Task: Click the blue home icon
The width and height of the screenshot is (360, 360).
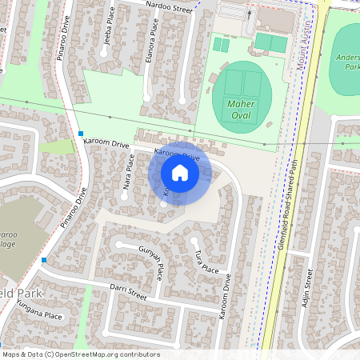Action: click(180, 173)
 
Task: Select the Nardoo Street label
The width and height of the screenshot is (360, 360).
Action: click(170, 8)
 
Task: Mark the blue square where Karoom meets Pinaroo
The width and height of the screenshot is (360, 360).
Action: click(81, 134)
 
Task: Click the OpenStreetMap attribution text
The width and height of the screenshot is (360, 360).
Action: click(80, 354)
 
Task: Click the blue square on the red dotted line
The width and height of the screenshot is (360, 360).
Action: click(44, 260)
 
